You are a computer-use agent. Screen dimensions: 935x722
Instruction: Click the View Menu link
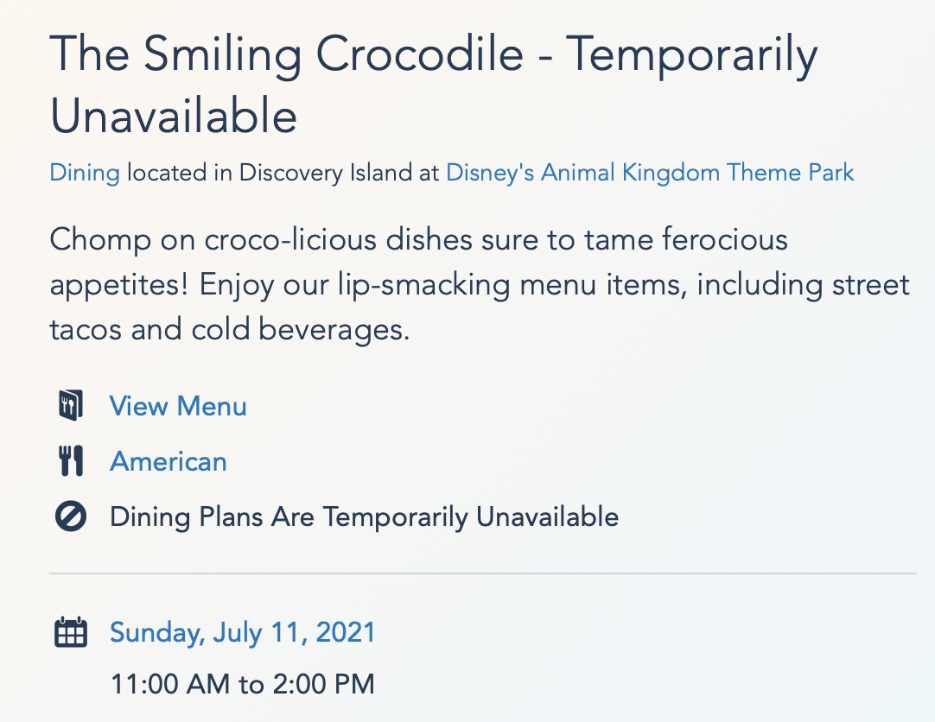[x=178, y=406]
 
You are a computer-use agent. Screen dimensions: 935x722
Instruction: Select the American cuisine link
[x=169, y=462]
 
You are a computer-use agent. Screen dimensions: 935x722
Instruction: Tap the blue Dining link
[x=85, y=173]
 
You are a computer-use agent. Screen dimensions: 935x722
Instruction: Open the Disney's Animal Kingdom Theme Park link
[x=650, y=173]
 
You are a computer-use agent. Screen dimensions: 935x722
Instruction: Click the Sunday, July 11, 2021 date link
[x=243, y=633]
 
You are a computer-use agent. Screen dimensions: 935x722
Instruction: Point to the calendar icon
[x=71, y=632]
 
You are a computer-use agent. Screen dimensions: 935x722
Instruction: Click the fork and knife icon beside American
[x=71, y=461]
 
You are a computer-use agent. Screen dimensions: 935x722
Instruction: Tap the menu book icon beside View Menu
[x=71, y=406]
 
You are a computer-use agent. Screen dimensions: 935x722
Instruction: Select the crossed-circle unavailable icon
[x=71, y=516]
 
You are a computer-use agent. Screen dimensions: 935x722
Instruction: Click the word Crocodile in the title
[x=419, y=54]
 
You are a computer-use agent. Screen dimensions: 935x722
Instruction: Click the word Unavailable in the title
[x=174, y=116]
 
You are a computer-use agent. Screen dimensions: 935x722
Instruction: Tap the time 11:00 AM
[x=170, y=684]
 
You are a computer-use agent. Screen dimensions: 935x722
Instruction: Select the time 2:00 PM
[x=324, y=684]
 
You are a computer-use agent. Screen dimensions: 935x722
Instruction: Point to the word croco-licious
[x=290, y=239]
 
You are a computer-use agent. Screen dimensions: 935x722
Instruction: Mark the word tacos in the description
[x=86, y=330]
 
